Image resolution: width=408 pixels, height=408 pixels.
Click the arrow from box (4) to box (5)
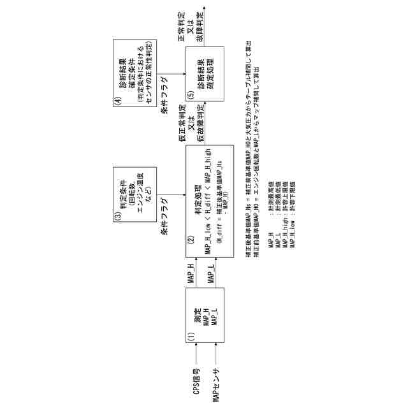[169, 75]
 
